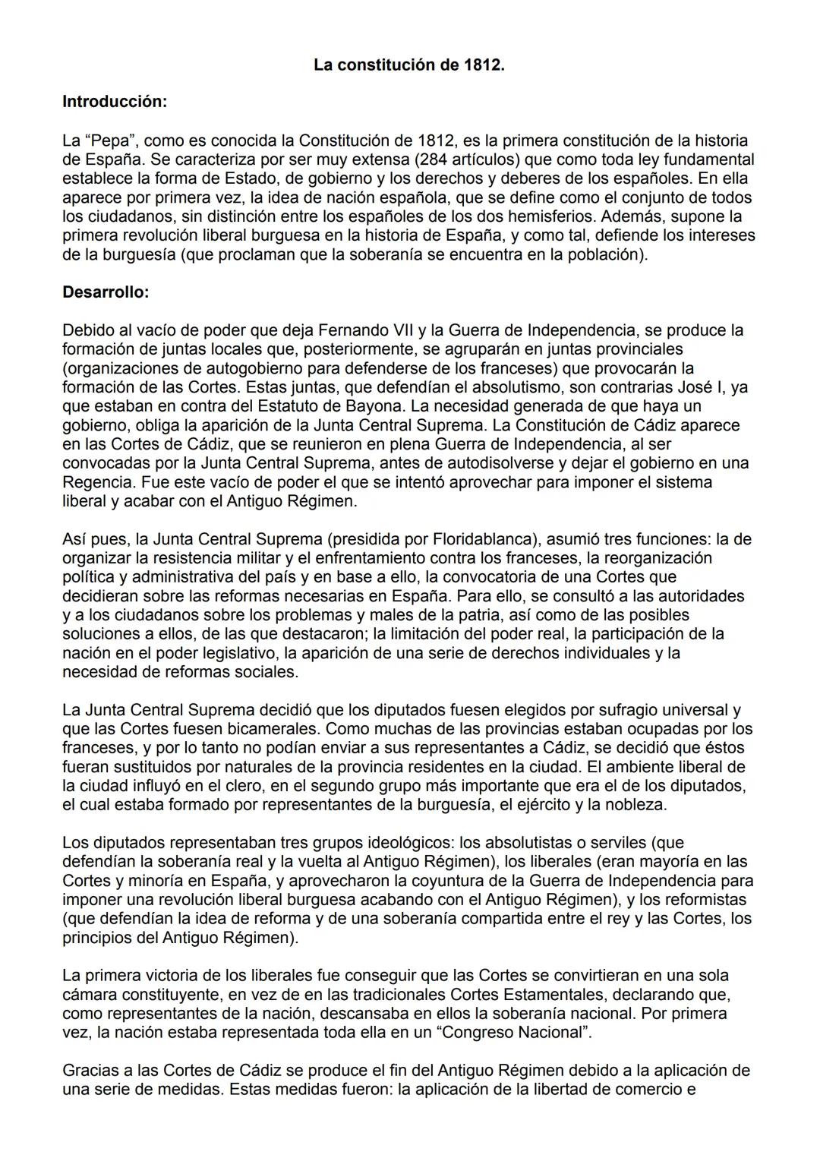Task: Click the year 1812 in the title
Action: [x=482, y=65]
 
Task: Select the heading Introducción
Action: [x=114, y=101]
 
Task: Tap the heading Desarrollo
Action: [x=106, y=292]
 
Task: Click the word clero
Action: [x=244, y=786]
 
